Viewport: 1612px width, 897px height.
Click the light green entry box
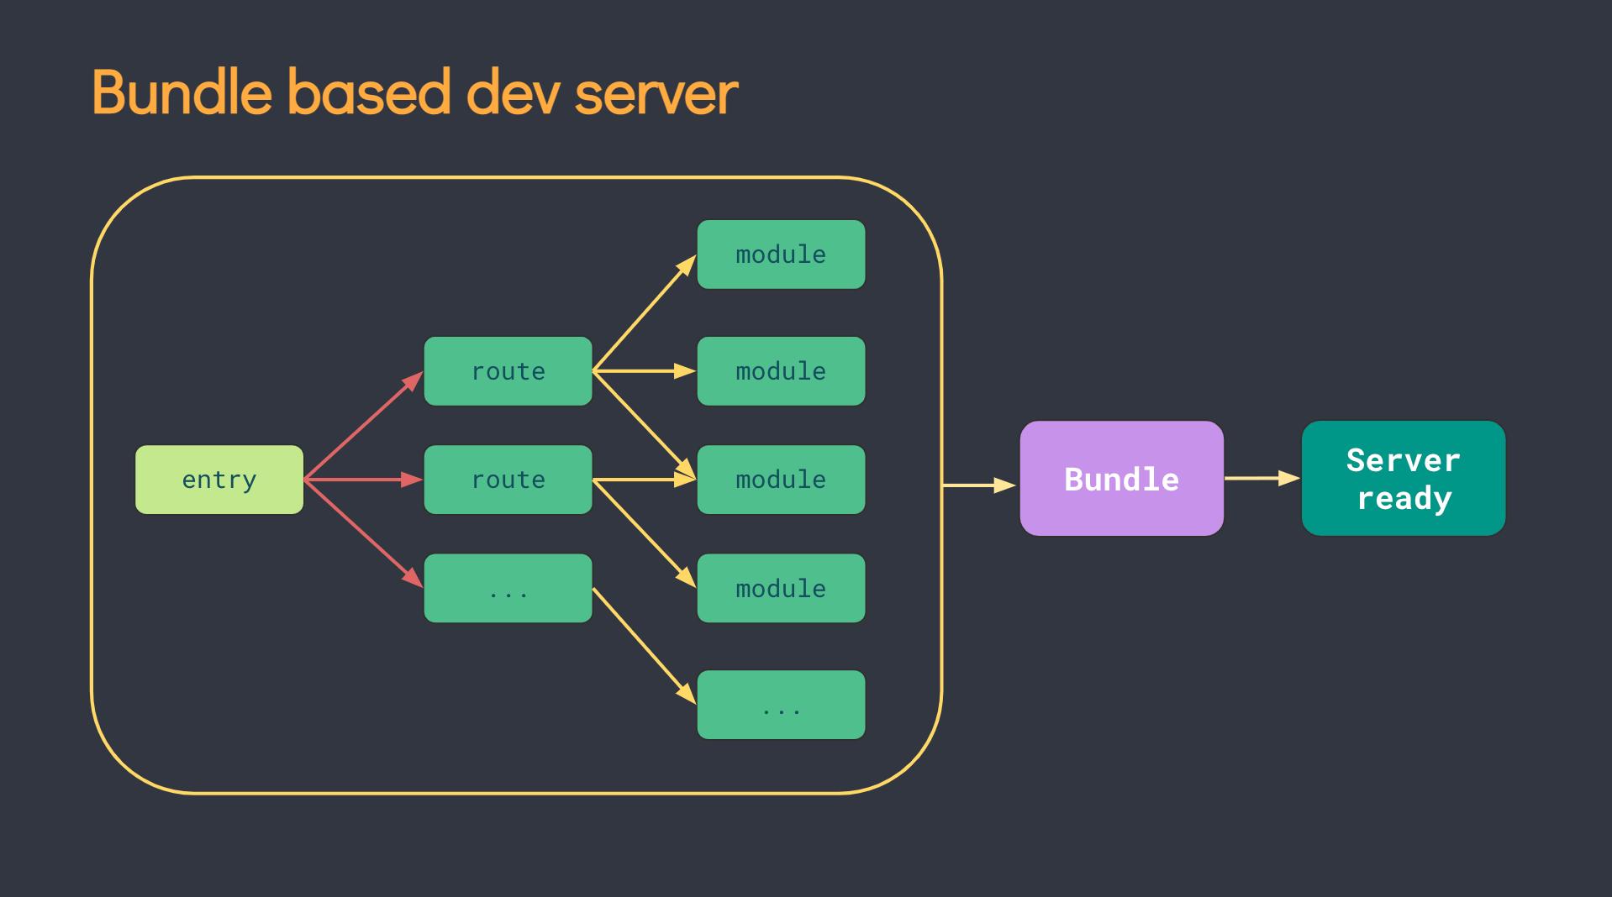point(219,480)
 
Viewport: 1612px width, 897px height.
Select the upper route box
point(508,371)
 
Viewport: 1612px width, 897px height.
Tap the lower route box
point(508,480)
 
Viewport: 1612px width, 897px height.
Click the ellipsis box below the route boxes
point(508,588)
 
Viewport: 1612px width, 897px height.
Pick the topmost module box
point(781,254)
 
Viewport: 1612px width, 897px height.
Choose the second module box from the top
point(781,371)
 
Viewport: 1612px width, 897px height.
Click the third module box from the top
point(781,480)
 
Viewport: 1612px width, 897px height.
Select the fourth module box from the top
point(781,588)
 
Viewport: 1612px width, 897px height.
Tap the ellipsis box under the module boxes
point(781,705)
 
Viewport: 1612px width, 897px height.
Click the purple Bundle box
point(1121,479)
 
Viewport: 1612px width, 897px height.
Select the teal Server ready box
point(1403,479)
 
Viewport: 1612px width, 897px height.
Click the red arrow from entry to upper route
point(362,427)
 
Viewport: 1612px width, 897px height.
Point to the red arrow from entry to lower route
point(362,480)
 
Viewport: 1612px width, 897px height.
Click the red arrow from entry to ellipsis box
point(362,532)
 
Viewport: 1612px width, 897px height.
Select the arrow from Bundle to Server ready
point(1261,478)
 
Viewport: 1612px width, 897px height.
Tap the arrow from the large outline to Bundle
point(977,485)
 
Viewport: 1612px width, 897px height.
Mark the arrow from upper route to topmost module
point(644,313)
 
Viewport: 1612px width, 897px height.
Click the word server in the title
point(656,93)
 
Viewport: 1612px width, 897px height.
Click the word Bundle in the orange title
point(182,93)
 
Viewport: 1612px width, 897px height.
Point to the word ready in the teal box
point(1404,499)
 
